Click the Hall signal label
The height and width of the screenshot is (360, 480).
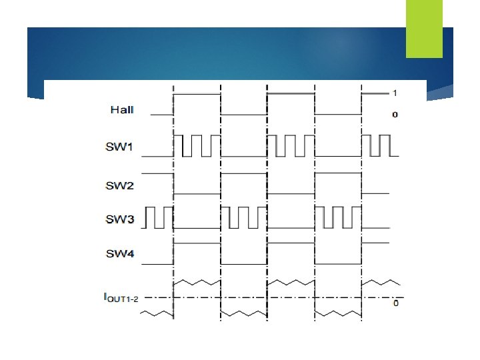(x=121, y=110)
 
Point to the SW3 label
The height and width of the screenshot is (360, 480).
(x=120, y=218)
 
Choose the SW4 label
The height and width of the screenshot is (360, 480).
(x=120, y=253)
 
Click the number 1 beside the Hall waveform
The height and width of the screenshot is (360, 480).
(x=395, y=92)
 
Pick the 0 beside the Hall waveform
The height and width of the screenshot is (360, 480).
(x=395, y=115)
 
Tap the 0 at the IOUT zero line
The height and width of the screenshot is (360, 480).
(x=396, y=304)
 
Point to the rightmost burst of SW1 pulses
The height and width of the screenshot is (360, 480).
(x=378, y=145)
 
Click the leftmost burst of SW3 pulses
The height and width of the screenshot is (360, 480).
(x=159, y=217)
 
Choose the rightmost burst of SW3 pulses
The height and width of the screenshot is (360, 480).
(x=337, y=217)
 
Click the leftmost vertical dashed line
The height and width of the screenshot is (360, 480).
(x=174, y=200)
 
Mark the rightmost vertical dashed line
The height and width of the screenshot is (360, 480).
(x=361, y=200)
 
